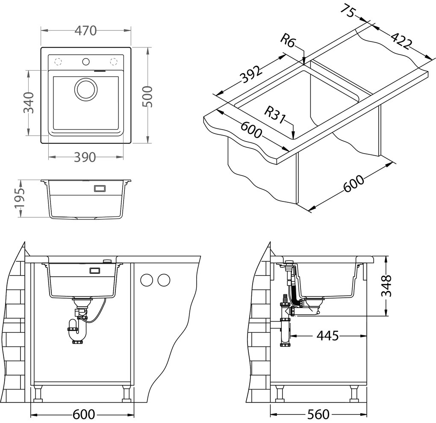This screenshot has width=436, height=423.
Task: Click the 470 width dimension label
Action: point(85,31)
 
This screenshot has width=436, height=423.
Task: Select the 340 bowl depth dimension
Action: point(28,102)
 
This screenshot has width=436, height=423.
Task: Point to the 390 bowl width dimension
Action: point(85,157)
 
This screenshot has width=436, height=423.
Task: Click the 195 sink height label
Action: point(20,198)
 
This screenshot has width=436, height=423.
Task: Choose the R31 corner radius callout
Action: point(274,115)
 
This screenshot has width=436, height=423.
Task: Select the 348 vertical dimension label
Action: point(386,285)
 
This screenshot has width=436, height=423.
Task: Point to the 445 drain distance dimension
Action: point(327,336)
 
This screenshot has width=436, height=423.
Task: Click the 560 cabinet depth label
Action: point(318,414)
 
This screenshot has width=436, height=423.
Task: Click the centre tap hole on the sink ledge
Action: point(85,61)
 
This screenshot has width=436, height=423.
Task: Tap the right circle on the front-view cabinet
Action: point(163,280)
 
